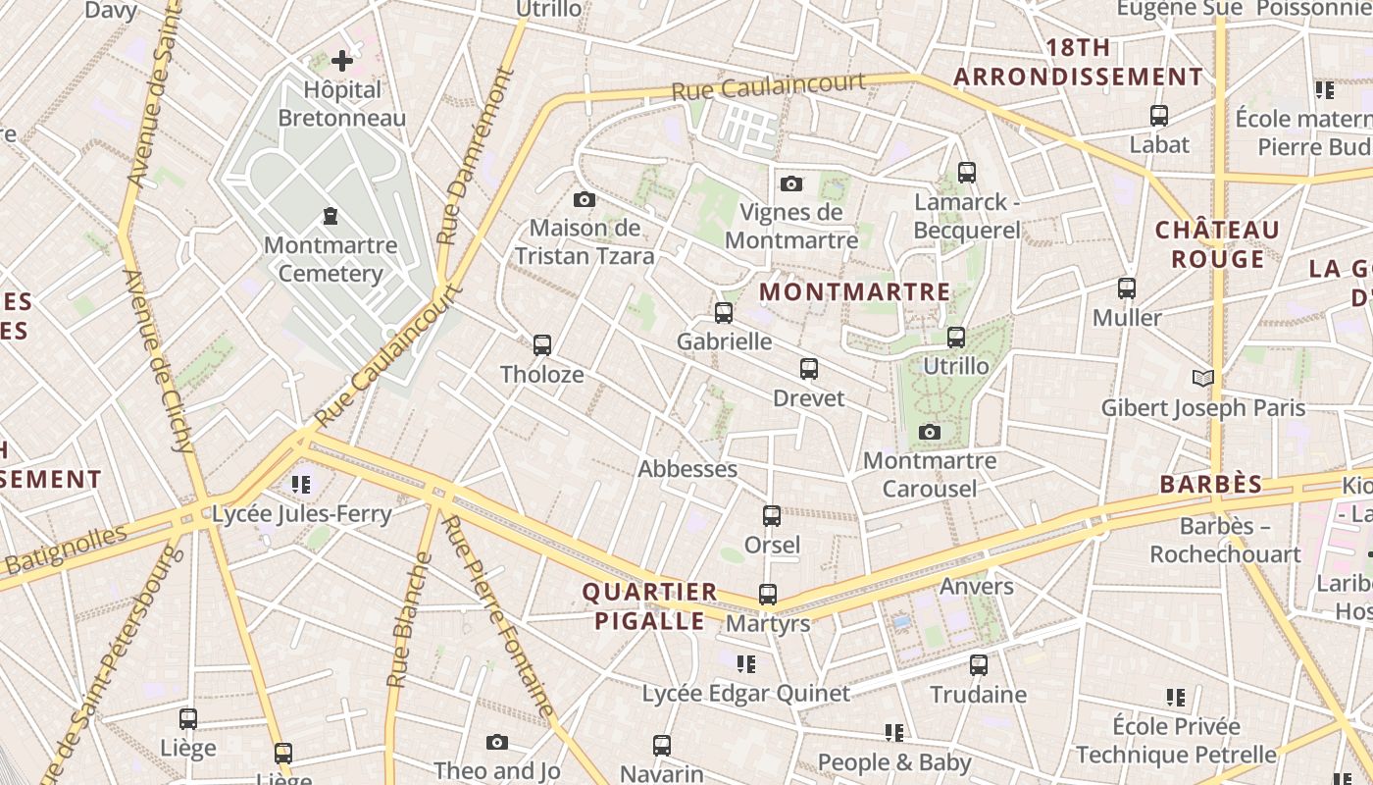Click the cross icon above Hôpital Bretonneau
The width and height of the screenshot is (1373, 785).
pos(341,62)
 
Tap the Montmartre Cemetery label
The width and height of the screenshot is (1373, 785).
pos(331,259)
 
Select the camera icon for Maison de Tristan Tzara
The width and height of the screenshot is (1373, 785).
pos(585,200)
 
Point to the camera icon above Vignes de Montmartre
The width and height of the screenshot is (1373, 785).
pos(791,183)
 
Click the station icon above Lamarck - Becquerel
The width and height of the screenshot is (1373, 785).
pos(967,173)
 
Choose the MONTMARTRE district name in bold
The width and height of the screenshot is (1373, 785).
pos(854,292)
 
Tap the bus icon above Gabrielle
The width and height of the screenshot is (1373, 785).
pos(724,313)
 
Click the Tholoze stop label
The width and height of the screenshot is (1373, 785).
pos(541,375)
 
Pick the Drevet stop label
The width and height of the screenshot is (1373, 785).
pos(808,398)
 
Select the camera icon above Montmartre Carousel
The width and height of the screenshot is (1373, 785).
pos(930,432)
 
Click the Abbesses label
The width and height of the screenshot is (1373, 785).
pos(687,469)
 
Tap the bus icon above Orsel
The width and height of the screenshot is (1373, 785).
pos(772,515)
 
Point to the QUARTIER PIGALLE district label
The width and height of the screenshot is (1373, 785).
pos(649,606)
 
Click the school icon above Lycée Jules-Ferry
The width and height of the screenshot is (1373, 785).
pos(301,484)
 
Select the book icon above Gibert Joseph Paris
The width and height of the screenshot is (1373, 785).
pos(1203,378)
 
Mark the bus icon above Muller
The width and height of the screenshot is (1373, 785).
pos(1127,288)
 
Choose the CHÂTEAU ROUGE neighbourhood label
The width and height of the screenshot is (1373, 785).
pos(1217,244)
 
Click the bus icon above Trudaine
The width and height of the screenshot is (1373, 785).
pos(978,664)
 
